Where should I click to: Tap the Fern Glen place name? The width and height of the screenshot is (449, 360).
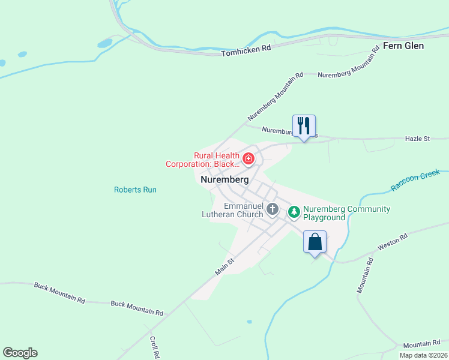click(403, 46)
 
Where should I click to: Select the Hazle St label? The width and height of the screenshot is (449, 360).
click(419, 139)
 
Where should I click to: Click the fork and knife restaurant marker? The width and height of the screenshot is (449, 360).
click(304, 126)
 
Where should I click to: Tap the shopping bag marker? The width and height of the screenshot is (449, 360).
click(315, 242)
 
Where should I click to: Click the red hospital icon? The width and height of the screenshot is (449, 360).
click(248, 159)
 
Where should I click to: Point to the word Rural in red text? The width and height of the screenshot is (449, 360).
click(205, 155)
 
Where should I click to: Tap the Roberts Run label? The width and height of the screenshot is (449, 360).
click(135, 190)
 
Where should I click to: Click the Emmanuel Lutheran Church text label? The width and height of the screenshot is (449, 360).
click(243, 210)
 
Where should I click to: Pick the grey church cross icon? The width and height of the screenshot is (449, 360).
click(273, 209)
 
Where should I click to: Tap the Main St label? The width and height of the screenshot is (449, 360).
click(224, 267)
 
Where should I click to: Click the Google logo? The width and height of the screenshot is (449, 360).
click(20, 353)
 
